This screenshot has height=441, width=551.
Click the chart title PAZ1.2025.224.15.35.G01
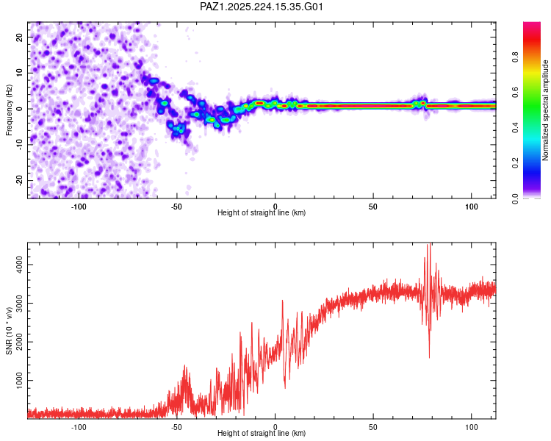coord(261,7)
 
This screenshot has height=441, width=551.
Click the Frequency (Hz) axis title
coord(9,110)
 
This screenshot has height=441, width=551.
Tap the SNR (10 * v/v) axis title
coord(9,331)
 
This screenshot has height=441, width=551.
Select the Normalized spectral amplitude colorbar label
coord(545,110)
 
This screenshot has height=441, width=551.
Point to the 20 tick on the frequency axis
coord(19,37)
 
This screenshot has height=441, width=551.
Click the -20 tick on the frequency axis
coord(19,181)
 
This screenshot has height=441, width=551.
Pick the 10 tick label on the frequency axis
coord(19,73)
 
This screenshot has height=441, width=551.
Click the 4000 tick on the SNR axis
coord(19,265)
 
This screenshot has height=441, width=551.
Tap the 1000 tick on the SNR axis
coord(19,380)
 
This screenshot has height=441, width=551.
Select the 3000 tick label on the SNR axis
coord(19,303)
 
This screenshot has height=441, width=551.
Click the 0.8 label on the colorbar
coord(516,57)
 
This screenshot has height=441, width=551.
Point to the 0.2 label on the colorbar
coord(516,163)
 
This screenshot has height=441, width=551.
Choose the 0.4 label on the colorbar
coord(516,128)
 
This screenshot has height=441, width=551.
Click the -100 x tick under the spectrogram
coord(79,207)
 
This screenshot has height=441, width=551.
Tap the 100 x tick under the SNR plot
coord(471,427)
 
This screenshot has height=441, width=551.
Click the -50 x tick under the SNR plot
coord(176,427)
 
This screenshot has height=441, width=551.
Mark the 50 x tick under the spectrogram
coord(372,207)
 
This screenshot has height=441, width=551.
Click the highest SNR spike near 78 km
coord(429,244)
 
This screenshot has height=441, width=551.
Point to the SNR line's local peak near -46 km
coord(185,366)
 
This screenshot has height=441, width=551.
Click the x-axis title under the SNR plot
coord(262,433)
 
